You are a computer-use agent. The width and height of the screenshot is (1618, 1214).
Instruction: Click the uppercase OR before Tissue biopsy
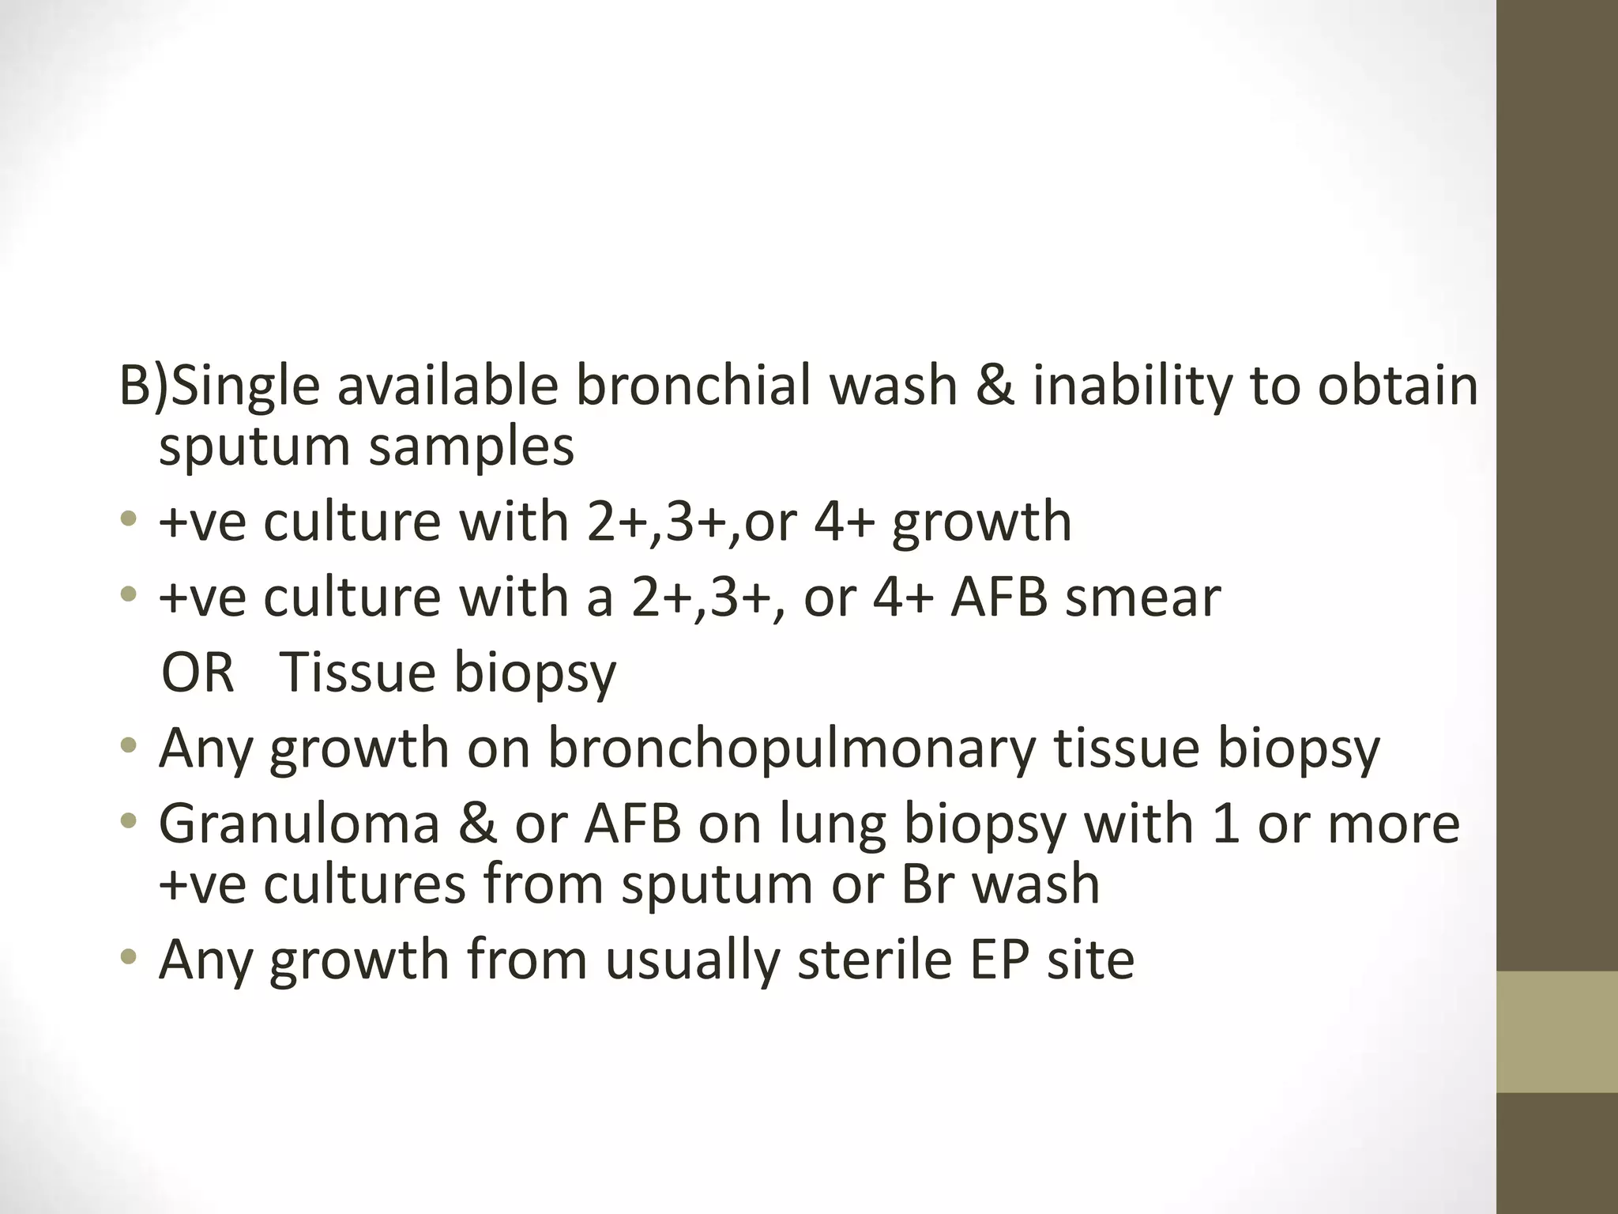198,673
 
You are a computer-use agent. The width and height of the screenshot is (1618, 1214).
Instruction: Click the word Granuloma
299,824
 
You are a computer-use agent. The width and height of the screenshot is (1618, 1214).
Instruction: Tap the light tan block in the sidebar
1557,1031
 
